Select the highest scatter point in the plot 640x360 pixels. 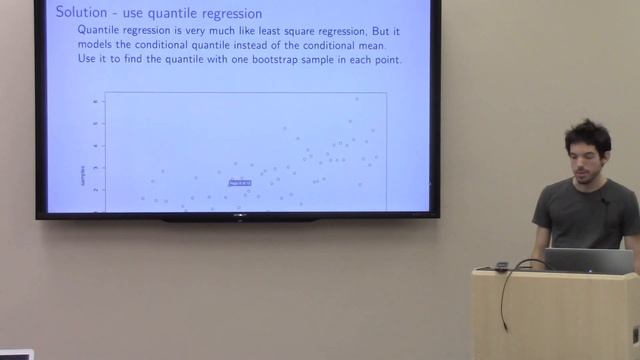(x=357, y=98)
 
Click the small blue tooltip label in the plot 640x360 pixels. (x=239, y=183)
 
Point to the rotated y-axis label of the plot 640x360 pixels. (x=80, y=177)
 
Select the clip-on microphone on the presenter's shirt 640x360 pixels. (x=604, y=201)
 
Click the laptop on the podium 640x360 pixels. (x=589, y=260)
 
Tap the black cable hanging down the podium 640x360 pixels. (x=505, y=300)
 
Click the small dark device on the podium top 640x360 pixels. (x=501, y=265)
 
